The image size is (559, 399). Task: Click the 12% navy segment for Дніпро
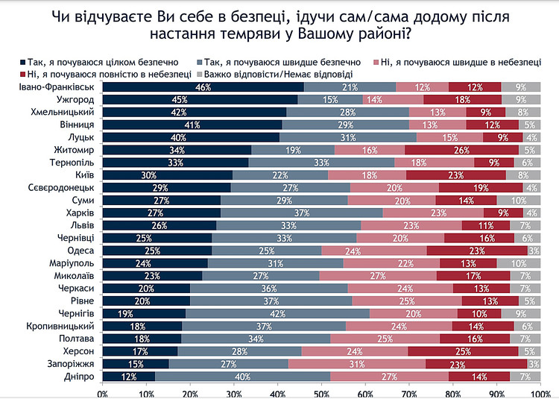[x=128, y=377]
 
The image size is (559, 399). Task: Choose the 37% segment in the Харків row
[x=301, y=213]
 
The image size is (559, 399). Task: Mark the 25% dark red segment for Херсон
[x=462, y=351]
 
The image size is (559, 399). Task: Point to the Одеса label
[x=80, y=251]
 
